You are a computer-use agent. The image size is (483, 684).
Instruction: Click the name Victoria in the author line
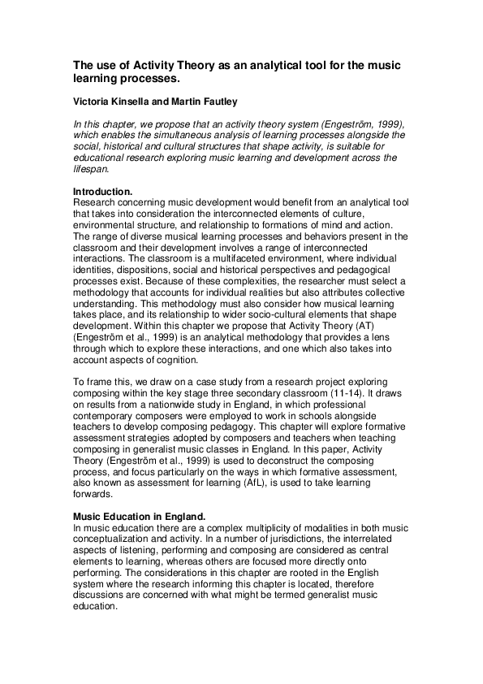coord(91,102)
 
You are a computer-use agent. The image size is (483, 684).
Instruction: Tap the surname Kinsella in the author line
coord(134,102)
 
